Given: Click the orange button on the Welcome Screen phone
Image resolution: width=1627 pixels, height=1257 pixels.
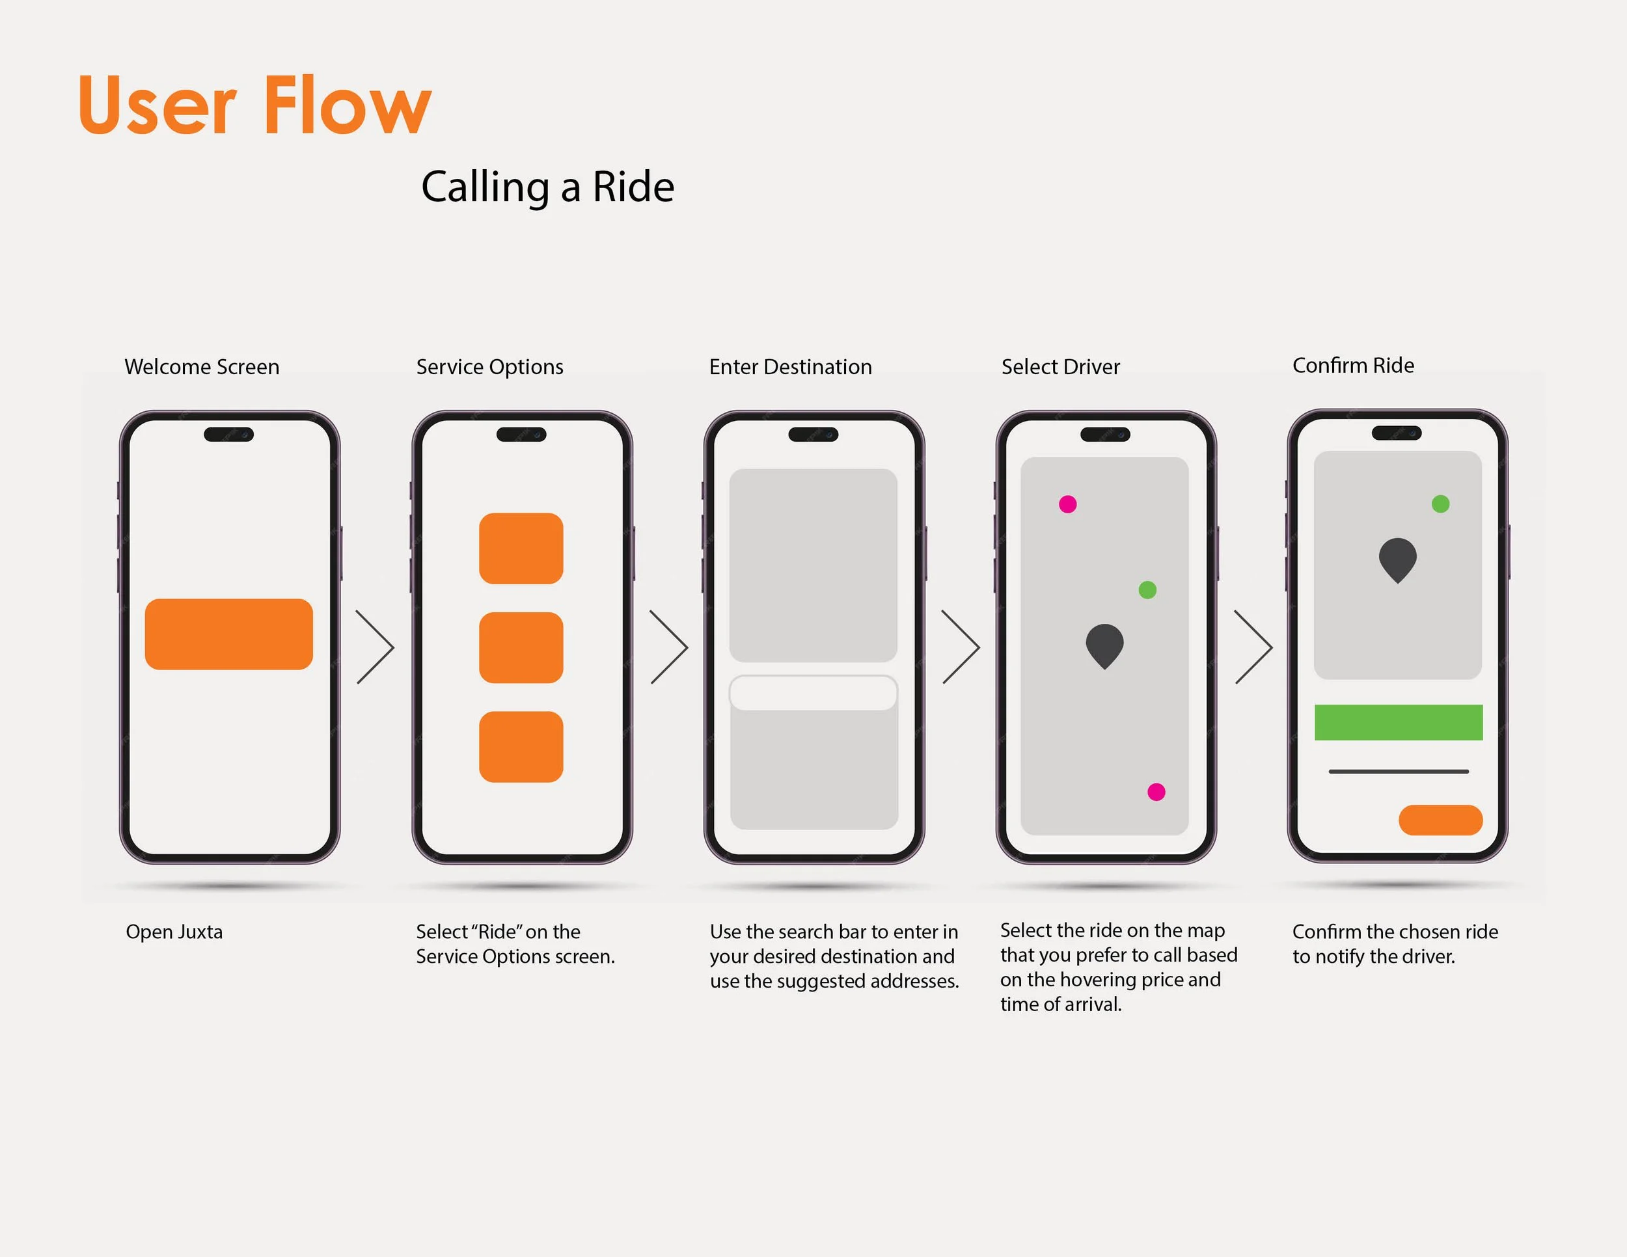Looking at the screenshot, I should [x=228, y=634].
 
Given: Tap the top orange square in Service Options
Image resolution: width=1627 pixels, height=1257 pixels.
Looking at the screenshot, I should [x=521, y=548].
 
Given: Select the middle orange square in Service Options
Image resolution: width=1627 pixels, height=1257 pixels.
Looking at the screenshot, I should [x=521, y=647].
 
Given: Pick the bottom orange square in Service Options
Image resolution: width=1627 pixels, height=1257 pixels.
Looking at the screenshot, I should [x=521, y=746].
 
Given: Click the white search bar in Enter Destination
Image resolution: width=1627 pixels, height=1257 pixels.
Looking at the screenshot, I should [x=813, y=692].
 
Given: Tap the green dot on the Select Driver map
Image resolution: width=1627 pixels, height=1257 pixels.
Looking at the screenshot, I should [x=1147, y=589].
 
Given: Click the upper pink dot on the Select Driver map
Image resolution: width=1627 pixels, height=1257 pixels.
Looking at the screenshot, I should [x=1067, y=504].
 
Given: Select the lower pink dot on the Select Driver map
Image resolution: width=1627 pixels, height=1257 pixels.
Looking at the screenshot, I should [x=1156, y=792].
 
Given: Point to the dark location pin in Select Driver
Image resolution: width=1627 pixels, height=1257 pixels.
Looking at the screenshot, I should [x=1104, y=644].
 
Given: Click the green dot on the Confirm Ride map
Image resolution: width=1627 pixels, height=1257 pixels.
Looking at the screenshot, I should [x=1440, y=504].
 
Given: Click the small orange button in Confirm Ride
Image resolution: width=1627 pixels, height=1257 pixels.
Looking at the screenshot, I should [x=1440, y=819].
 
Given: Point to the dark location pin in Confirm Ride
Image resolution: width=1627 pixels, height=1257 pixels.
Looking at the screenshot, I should [x=1397, y=558].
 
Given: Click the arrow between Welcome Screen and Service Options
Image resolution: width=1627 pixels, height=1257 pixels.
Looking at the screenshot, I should [x=376, y=647].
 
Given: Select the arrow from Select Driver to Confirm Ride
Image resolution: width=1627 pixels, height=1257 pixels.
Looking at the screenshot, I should [x=1254, y=647].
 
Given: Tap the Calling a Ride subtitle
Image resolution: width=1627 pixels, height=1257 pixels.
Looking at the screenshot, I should [x=547, y=186].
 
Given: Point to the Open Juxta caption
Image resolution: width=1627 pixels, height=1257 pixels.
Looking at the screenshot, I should [x=174, y=932].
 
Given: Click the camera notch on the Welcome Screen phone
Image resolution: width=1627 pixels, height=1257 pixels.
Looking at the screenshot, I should [x=228, y=434].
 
